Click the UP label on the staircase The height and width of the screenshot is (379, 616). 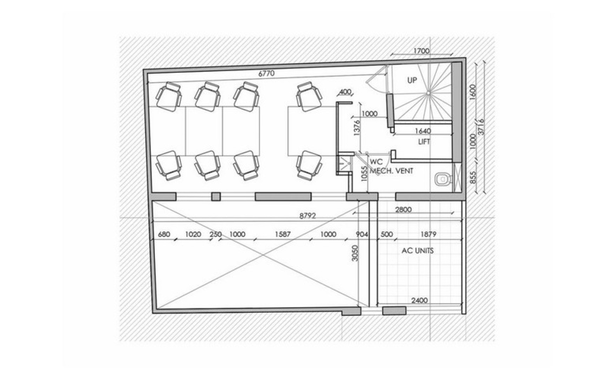coord(412,80)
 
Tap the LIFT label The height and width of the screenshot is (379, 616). coord(424,142)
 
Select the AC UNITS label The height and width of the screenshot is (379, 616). coord(417,251)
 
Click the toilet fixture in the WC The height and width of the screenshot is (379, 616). coord(443,179)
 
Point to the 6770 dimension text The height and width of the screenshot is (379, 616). coord(266,74)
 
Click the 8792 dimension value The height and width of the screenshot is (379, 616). coord(307,216)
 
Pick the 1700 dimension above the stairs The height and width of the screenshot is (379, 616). coord(421,51)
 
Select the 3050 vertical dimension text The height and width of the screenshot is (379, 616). coord(355,253)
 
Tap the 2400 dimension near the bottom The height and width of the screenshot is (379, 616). coord(419,300)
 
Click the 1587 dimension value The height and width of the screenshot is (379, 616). coord(283,234)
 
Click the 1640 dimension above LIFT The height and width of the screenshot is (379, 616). coord(423,131)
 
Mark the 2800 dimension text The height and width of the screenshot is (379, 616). coord(403,210)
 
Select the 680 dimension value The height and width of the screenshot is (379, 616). coord(164,234)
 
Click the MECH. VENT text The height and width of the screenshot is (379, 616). coord(391,171)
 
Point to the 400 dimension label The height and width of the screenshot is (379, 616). coord(345,92)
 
